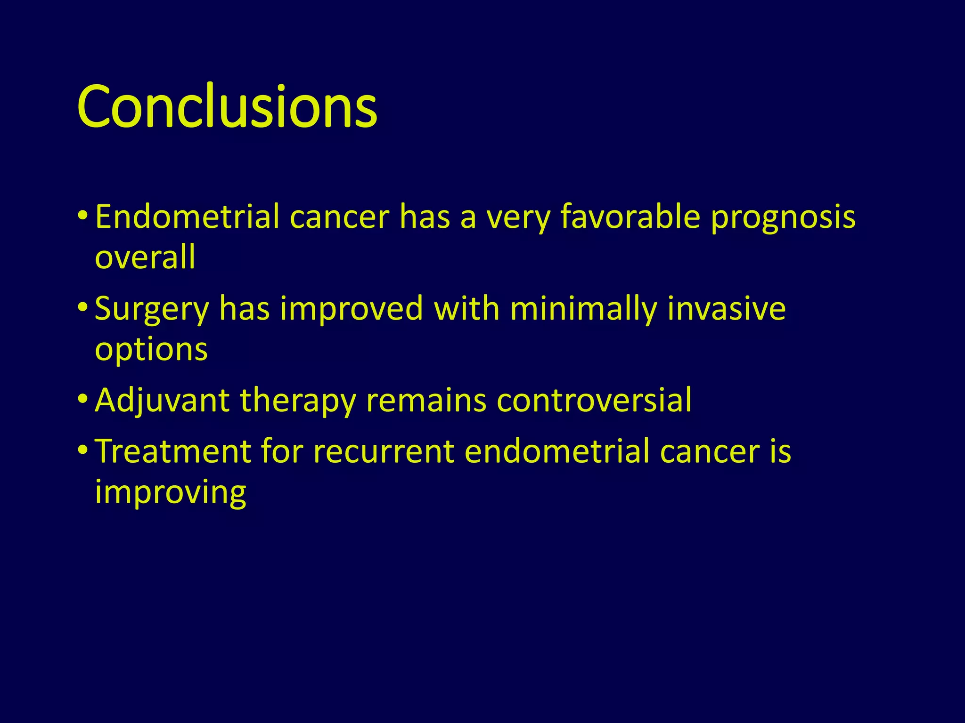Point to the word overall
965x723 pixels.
[145, 257]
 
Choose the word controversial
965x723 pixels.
[594, 401]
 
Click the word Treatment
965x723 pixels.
[172, 451]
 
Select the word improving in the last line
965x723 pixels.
[170, 493]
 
